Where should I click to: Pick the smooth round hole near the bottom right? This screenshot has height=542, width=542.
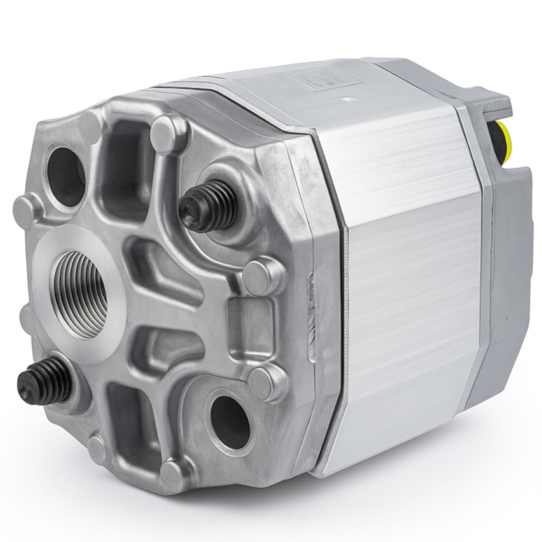coord(231,421)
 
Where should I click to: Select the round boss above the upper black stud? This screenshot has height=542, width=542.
coord(168,134)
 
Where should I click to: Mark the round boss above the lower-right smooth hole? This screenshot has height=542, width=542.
coord(266,382)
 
